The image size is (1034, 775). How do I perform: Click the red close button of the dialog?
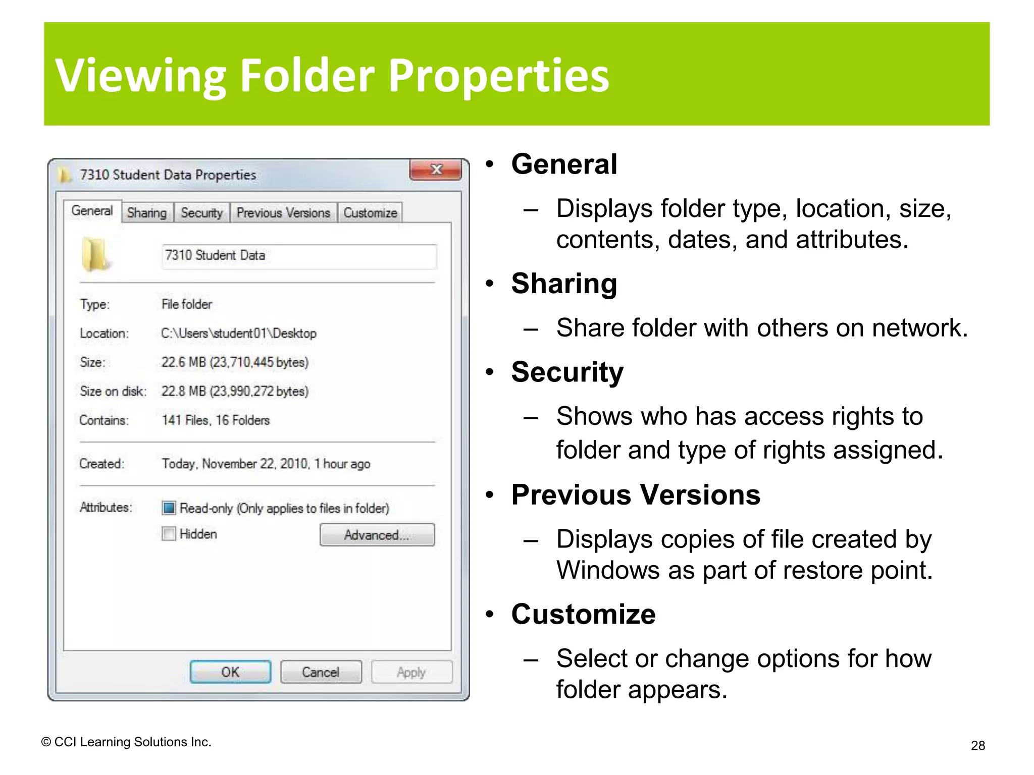(436, 170)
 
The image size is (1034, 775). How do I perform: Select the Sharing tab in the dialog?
(147, 213)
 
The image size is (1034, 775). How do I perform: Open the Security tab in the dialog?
(201, 213)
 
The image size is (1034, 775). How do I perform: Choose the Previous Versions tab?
(283, 213)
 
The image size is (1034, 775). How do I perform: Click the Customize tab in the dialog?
(370, 213)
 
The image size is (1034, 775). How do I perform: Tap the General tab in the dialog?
(92, 211)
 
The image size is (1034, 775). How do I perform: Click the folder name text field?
(299, 256)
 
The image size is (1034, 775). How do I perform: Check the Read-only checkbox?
(169, 508)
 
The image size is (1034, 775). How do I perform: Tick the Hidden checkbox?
(169, 534)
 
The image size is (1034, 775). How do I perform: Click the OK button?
(230, 672)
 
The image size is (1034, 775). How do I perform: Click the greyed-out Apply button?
(411, 672)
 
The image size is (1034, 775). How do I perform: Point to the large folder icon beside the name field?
(95, 254)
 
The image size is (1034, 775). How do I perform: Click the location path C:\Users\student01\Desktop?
(239, 334)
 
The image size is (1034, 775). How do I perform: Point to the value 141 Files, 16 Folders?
(216, 420)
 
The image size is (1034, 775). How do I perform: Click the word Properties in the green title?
(498, 76)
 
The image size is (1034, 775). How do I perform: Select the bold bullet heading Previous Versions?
(636, 495)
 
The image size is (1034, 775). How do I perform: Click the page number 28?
(977, 746)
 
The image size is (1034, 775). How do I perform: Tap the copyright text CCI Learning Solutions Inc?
(127, 742)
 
